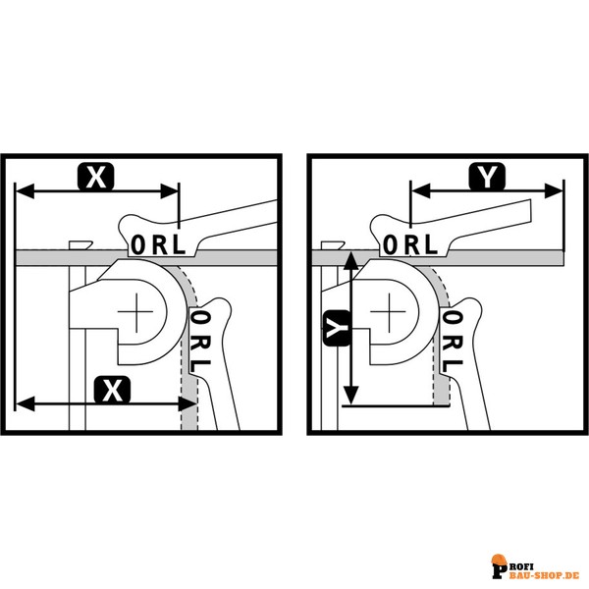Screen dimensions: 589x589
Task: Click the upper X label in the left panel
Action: (x=96, y=177)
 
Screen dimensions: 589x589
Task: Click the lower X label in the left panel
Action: (x=112, y=391)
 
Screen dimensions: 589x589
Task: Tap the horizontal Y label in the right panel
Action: (x=487, y=176)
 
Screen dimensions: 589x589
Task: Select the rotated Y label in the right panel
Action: (x=336, y=328)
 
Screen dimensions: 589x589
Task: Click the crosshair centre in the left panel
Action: (x=135, y=312)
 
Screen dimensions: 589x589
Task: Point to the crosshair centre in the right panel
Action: (x=388, y=312)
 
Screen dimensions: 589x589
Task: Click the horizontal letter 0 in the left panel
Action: (x=138, y=244)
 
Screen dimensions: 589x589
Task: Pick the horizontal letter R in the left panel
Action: (x=160, y=244)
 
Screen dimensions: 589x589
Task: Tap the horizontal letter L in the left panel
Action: (x=179, y=244)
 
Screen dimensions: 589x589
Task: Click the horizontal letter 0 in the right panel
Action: (x=391, y=244)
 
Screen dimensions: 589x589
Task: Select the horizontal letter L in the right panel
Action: (x=431, y=244)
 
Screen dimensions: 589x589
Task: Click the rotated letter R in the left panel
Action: (x=200, y=343)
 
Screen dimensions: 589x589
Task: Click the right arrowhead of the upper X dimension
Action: (x=169, y=191)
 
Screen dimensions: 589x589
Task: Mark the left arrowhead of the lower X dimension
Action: (x=25, y=404)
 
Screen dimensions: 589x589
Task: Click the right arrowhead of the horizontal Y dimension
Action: (x=554, y=190)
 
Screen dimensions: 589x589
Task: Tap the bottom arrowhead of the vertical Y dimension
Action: (x=351, y=395)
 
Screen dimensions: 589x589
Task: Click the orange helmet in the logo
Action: (x=500, y=561)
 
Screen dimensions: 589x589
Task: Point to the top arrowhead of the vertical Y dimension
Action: (x=351, y=261)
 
